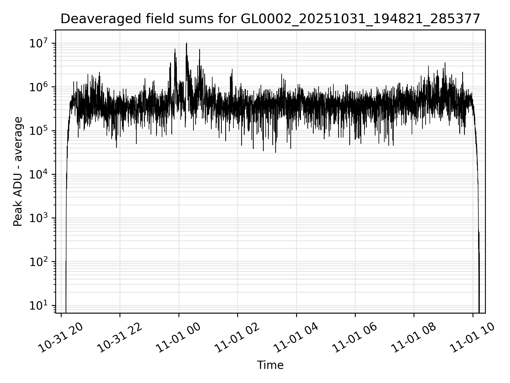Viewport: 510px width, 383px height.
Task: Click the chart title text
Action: [270, 19]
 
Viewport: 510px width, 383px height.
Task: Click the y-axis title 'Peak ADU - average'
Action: [18, 172]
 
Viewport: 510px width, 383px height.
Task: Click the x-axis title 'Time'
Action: [270, 365]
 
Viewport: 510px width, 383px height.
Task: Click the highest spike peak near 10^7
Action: [186, 43]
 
